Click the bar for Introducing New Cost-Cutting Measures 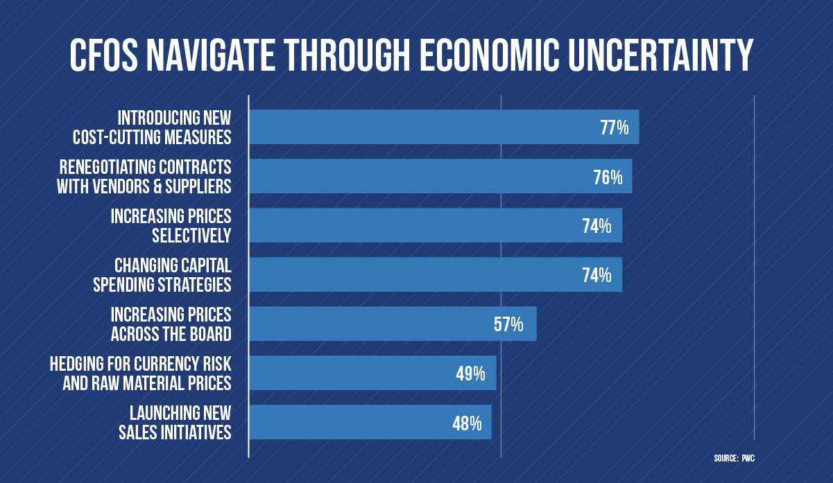(416, 128)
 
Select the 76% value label (607, 177)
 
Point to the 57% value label (508, 324)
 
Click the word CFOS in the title (110, 55)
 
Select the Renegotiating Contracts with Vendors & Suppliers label (144, 177)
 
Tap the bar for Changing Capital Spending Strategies (416, 275)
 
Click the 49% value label (470, 374)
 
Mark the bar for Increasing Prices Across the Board (381, 324)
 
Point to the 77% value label (614, 128)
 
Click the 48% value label (467, 423)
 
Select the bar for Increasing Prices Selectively (416, 226)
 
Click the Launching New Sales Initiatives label (180, 423)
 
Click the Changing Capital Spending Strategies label (172, 275)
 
